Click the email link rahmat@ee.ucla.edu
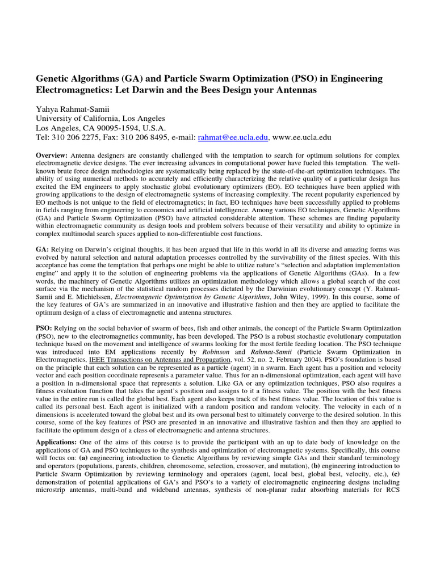(x=232, y=137)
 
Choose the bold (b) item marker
(x=317, y=466)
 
